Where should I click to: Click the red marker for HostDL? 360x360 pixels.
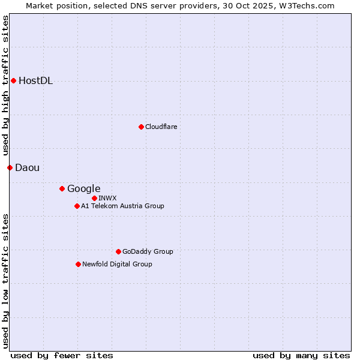(x=13, y=80)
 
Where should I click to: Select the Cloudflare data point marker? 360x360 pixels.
(x=141, y=127)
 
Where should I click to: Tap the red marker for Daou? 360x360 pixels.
(x=10, y=167)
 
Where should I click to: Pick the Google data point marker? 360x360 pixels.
(x=62, y=188)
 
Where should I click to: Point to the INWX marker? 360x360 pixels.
(x=94, y=198)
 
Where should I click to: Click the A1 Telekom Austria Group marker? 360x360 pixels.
(x=77, y=206)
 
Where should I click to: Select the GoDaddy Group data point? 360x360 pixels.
(x=118, y=251)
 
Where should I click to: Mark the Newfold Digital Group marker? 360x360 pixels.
(x=78, y=264)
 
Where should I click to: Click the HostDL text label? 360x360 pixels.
(x=36, y=81)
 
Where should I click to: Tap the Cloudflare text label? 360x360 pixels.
(x=161, y=127)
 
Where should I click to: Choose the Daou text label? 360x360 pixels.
(x=28, y=167)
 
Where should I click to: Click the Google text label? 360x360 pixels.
(x=84, y=188)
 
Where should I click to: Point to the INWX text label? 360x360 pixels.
(x=108, y=198)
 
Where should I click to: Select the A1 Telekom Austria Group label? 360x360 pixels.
(x=122, y=206)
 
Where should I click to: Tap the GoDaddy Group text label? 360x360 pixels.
(x=148, y=251)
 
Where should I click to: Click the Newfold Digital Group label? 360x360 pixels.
(x=117, y=264)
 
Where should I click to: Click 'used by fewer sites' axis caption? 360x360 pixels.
(x=62, y=355)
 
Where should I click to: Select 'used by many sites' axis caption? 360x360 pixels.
(x=301, y=355)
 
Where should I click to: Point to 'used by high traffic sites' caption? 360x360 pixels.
(x=5, y=86)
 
